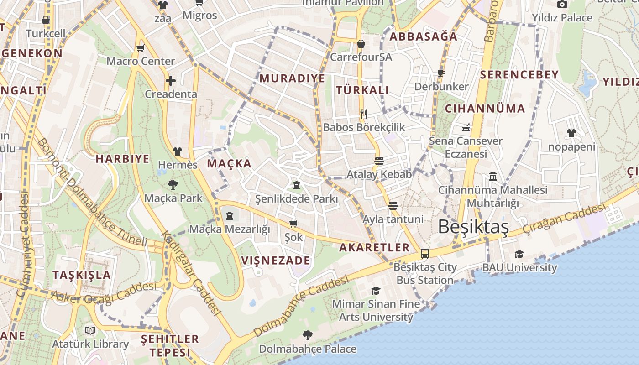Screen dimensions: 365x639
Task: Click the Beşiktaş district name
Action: (x=473, y=226)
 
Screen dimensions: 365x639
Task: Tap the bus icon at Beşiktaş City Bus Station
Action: (x=425, y=254)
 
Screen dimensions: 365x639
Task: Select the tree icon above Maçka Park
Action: (x=173, y=185)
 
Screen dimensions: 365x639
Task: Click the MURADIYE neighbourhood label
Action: (x=293, y=78)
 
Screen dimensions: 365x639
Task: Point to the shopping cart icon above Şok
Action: (x=293, y=224)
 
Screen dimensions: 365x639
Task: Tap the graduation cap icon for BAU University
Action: (x=519, y=254)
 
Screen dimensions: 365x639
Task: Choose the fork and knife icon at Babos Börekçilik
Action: (x=364, y=114)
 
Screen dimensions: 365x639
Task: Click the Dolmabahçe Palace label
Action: (x=308, y=349)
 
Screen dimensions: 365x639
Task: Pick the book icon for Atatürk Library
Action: (x=90, y=330)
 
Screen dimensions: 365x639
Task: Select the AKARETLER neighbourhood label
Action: (x=374, y=247)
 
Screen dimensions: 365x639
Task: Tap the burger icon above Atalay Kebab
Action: (x=379, y=161)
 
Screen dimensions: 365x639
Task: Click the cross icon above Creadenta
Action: (x=171, y=81)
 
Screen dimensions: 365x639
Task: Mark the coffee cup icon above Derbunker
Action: (x=441, y=73)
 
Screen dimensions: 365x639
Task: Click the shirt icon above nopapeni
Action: (x=571, y=133)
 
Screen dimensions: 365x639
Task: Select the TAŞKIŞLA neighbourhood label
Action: (x=82, y=275)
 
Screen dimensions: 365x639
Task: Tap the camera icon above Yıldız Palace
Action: (x=562, y=5)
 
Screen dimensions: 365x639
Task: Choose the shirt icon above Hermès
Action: (x=178, y=151)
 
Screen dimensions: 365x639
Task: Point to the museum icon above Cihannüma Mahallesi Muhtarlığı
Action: (x=493, y=176)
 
